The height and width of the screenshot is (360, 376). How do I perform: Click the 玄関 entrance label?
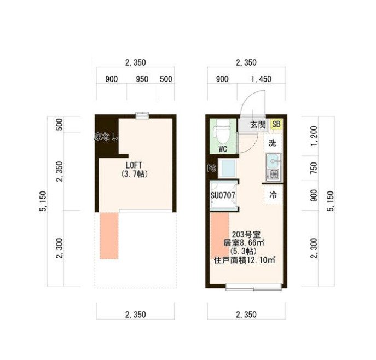tap(258, 125)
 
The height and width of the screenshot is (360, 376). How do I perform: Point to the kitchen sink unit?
tap(273, 167)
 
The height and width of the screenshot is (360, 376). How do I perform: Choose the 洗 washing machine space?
tap(273, 143)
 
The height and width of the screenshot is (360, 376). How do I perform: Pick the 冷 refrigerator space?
tap(273, 194)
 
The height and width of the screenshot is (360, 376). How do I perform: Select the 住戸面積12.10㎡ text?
tap(244, 260)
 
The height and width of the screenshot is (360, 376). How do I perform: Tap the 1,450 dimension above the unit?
tap(261, 79)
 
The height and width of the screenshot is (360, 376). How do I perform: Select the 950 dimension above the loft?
tap(142, 79)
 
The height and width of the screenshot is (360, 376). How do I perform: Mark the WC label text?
tap(223, 148)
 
